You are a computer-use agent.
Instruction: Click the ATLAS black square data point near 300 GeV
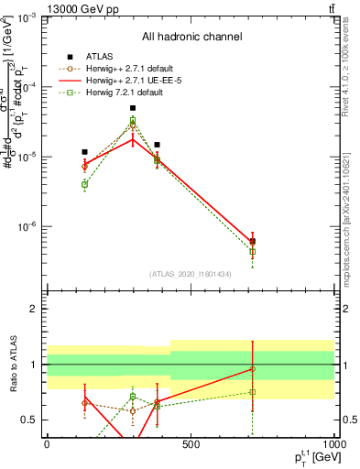point(133,108)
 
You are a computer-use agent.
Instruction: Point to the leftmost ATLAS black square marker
point(84,152)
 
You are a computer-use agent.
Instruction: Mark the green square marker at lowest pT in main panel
point(84,184)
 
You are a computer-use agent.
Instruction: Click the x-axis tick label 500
point(190,443)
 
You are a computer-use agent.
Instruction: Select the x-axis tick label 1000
point(333,443)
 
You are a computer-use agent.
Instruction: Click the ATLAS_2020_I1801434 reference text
point(189,274)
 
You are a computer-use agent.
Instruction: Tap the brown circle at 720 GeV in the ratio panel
point(252,369)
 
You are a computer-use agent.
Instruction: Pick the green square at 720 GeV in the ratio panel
point(252,392)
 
